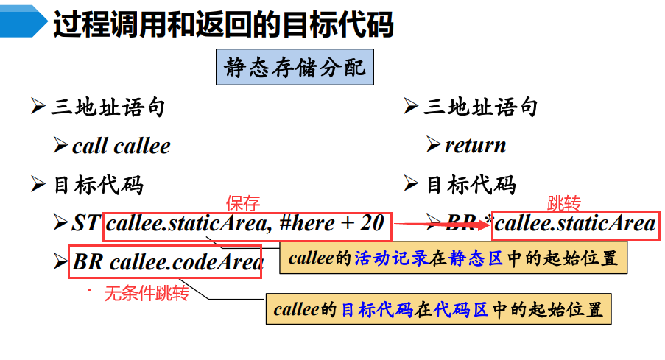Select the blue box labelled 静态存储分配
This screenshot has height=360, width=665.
[295, 69]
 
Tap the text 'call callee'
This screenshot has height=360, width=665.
[121, 146]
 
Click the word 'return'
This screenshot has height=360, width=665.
[475, 145]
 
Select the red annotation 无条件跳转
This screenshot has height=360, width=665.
[146, 294]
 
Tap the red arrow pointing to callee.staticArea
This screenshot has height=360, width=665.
[442, 224]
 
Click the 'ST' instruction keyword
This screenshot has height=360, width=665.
[85, 223]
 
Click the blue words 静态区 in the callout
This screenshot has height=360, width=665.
[483, 258]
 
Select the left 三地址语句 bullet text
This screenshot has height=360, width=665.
[108, 107]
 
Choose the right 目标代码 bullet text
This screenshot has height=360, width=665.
[471, 184]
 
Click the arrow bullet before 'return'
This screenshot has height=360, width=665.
[433, 145]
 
